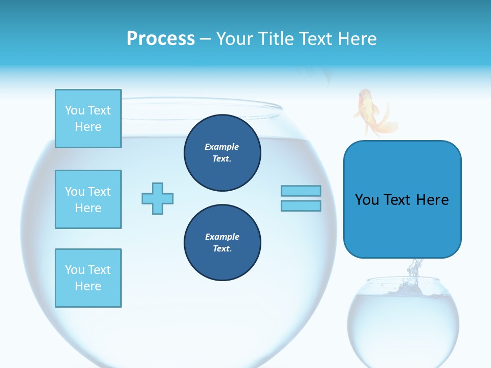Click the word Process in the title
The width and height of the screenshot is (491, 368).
pos(161,39)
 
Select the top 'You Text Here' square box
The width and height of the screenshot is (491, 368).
pos(88,119)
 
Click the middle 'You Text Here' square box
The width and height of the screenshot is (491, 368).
pos(88,199)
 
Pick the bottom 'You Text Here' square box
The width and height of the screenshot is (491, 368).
pos(88,278)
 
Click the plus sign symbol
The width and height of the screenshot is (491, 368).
pos(158,198)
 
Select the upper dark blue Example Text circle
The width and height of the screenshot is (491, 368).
pos(222,152)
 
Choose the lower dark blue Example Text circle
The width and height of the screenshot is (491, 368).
pos(222,242)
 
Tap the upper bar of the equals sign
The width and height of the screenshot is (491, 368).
pos(301,191)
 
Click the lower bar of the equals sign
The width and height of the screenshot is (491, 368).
pos(301,205)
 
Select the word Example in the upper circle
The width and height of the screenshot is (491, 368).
pos(222,147)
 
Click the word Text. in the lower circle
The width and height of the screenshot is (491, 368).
pos(222,248)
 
